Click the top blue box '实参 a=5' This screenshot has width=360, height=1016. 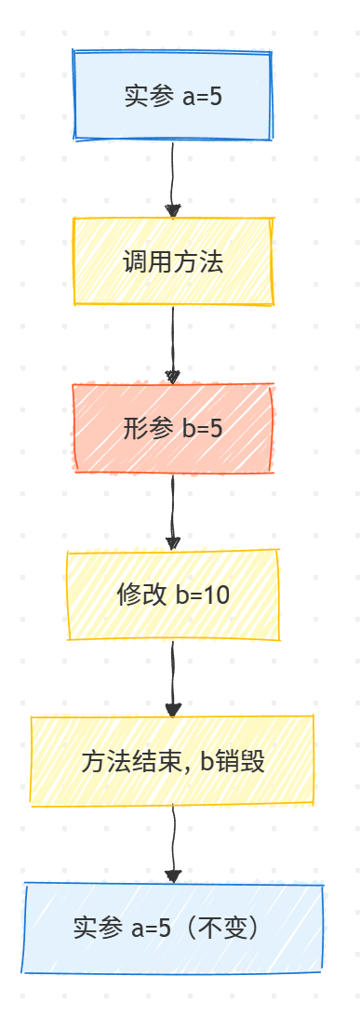(173, 96)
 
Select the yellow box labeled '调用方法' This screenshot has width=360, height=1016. (173, 261)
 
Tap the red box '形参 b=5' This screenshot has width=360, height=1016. (173, 428)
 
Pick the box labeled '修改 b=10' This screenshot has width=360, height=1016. (173, 595)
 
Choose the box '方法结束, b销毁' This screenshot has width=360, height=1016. (173, 761)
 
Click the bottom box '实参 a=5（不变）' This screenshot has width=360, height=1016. (173, 928)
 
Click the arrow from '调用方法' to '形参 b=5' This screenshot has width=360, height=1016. (172, 344)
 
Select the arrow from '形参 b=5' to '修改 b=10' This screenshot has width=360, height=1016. (172, 511)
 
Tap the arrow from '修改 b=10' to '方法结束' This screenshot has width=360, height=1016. (172, 677)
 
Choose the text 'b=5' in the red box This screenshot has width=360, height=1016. (201, 429)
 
